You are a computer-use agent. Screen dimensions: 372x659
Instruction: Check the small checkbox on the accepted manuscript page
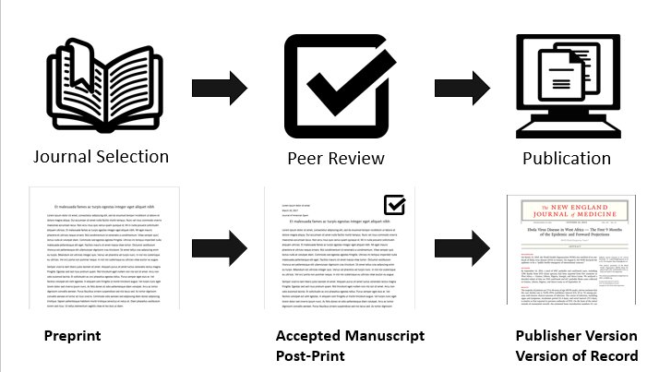[395, 204]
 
